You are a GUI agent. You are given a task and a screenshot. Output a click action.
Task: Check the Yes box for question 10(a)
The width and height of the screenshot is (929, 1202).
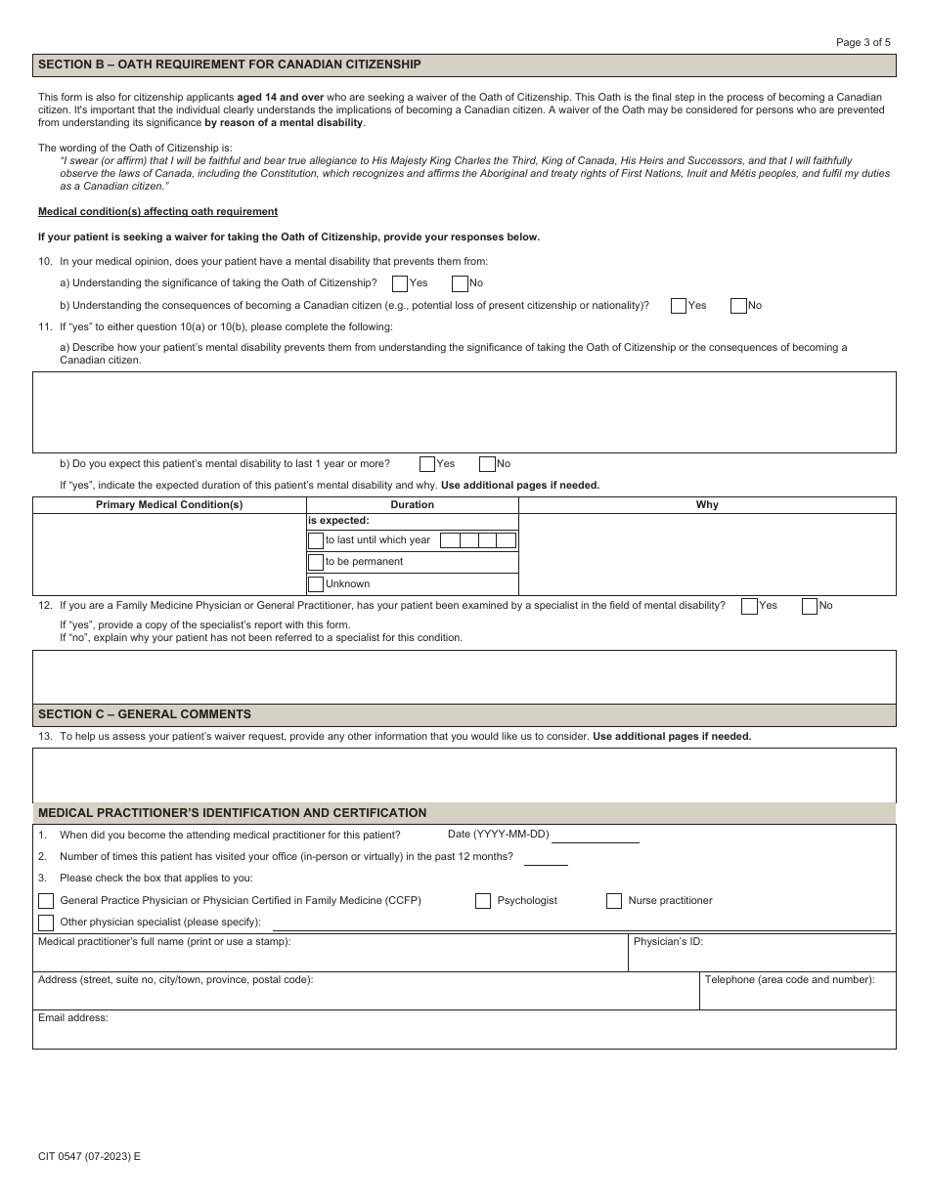(x=400, y=283)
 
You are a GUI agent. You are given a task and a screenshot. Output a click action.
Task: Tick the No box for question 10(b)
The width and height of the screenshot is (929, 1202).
(x=738, y=306)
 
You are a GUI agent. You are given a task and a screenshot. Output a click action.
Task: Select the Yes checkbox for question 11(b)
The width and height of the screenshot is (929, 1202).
(x=427, y=464)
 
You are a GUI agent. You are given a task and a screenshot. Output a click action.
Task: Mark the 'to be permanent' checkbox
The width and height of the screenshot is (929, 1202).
(x=316, y=562)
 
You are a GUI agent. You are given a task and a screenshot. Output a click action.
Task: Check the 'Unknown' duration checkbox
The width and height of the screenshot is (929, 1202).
(x=316, y=584)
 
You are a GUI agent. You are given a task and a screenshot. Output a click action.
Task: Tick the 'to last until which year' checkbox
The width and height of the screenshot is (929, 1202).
(x=316, y=540)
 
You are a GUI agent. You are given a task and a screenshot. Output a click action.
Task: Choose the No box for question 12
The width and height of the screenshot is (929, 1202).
(x=810, y=606)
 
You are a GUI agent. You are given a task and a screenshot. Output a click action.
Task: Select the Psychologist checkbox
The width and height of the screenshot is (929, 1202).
(x=483, y=901)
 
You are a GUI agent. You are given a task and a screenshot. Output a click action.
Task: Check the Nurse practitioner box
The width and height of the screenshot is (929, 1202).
(x=614, y=901)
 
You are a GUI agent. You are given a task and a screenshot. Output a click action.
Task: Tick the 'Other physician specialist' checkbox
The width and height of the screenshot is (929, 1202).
(x=46, y=923)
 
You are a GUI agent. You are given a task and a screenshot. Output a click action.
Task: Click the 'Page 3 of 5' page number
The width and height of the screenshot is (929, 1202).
(x=863, y=42)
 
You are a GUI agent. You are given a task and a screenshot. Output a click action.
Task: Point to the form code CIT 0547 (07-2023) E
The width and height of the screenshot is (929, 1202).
(x=89, y=1156)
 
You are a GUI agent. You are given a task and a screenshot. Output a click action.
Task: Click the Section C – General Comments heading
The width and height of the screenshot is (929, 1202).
(x=145, y=714)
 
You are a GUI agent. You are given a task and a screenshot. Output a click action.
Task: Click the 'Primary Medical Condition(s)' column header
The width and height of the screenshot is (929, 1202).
(x=169, y=505)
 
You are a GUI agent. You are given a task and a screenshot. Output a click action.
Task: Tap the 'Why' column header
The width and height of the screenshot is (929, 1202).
(x=707, y=505)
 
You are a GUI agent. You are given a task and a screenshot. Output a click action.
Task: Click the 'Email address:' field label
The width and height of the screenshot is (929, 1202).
(x=73, y=1018)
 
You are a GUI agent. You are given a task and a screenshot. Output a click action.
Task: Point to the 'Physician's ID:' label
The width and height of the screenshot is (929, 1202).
(x=668, y=942)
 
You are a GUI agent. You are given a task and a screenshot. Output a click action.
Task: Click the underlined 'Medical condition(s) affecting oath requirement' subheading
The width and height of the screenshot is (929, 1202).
(x=157, y=212)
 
